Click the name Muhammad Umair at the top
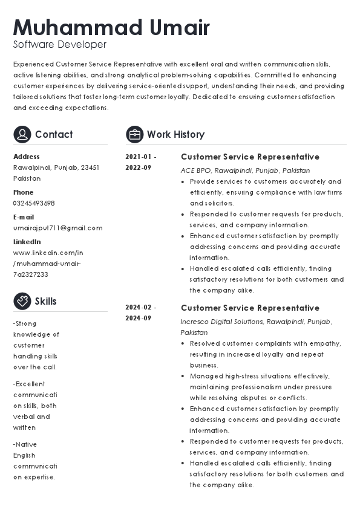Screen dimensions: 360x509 click(111, 28)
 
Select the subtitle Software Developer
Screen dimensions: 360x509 click(60, 45)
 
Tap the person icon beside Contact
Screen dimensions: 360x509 click(22, 134)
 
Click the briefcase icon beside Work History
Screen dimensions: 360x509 click(134, 134)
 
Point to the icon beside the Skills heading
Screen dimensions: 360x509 click(22, 301)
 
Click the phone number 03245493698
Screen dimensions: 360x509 click(34, 203)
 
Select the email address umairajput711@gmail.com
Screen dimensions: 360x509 click(58, 228)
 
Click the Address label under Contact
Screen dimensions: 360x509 click(27, 157)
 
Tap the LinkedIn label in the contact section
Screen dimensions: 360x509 click(27, 242)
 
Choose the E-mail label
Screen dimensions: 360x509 click(24, 217)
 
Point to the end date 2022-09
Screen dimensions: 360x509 click(139, 167)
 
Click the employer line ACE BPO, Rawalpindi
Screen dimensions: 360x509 click(245, 170)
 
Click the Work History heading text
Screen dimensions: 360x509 click(175, 134)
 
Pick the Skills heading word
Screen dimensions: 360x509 click(45, 301)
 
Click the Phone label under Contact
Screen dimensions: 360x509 click(24, 192)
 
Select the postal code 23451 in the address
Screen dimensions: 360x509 click(90, 167)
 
